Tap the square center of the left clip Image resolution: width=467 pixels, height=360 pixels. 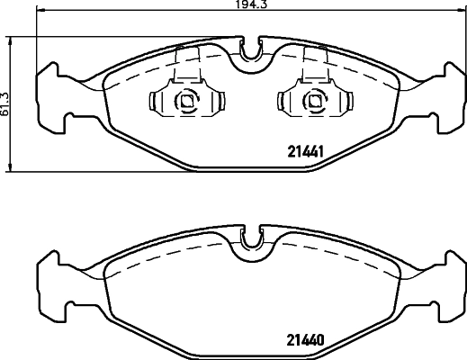tap(187, 102)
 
